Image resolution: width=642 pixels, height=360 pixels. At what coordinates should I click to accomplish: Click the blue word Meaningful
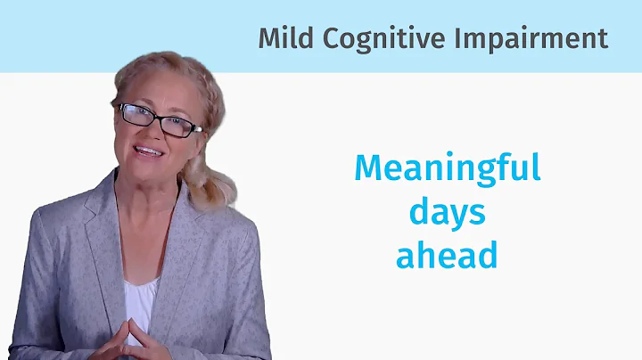448,168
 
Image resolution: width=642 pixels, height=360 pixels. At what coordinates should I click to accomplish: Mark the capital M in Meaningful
367,168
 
